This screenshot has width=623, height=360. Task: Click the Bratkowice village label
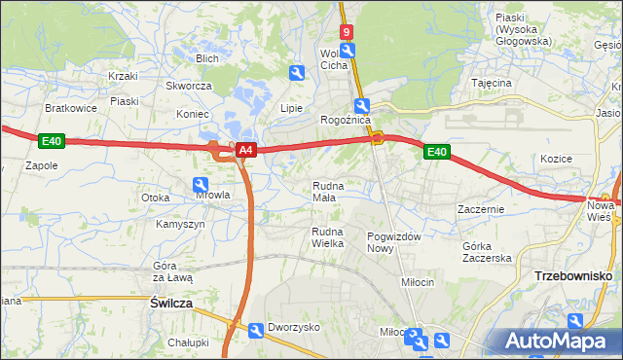click(x=70, y=108)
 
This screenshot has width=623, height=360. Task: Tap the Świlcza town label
click(x=170, y=304)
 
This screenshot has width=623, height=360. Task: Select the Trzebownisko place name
click(x=572, y=276)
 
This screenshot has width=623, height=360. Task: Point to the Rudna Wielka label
click(x=328, y=237)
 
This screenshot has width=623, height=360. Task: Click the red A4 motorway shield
click(x=246, y=150)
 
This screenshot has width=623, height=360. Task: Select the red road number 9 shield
click(x=346, y=31)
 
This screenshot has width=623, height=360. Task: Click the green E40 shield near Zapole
click(x=52, y=142)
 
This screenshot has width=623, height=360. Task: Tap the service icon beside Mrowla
click(x=201, y=184)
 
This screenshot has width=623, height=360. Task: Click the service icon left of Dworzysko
click(x=255, y=331)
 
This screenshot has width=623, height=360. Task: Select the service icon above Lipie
click(x=297, y=72)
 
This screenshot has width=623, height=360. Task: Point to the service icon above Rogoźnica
click(x=361, y=105)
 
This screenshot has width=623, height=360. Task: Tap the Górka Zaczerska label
click(x=487, y=252)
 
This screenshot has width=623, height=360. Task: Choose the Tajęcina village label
click(x=492, y=84)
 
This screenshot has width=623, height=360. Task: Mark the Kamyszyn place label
click(x=180, y=224)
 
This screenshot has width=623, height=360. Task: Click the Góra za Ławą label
click(x=173, y=271)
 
